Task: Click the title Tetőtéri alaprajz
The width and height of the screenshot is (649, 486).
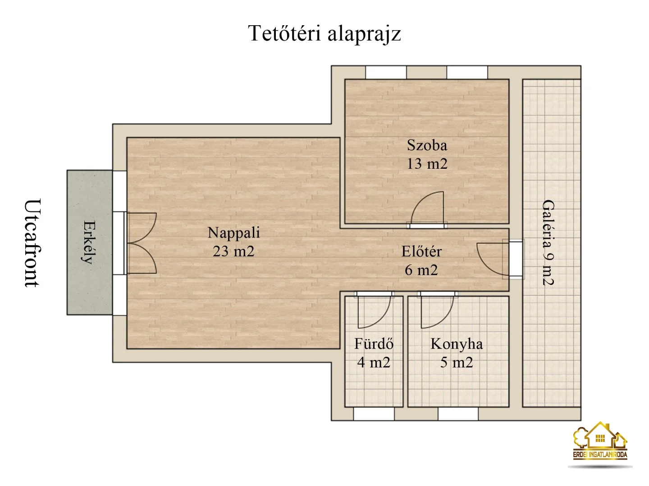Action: click(x=324, y=34)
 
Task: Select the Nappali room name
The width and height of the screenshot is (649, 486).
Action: click(x=233, y=233)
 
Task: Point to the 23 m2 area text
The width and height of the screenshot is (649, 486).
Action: click(x=233, y=251)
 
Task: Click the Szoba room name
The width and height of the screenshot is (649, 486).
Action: click(x=427, y=145)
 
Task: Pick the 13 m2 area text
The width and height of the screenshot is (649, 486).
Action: click(x=427, y=164)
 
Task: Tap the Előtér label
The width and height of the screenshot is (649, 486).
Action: click(x=421, y=251)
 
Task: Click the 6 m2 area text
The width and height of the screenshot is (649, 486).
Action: click(x=421, y=270)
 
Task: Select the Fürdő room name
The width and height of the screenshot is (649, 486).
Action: click(x=374, y=344)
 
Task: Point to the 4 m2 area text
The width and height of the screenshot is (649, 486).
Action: click(x=374, y=363)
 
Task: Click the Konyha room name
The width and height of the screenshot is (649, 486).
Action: click(x=457, y=344)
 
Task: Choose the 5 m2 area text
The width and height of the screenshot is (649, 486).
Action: click(x=457, y=363)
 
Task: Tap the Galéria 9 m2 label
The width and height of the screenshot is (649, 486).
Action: click(x=548, y=243)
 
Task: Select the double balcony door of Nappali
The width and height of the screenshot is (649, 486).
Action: click(x=142, y=243)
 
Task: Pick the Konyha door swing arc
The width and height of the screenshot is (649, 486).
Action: click(x=437, y=313)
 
